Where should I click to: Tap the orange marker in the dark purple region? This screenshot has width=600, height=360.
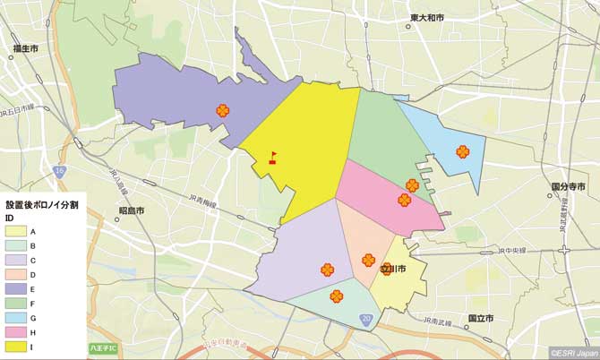(x=222, y=111)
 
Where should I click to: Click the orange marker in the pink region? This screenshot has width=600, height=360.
(x=405, y=200)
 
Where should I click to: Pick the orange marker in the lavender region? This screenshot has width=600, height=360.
(x=328, y=269)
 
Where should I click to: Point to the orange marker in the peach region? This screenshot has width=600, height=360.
(x=368, y=261)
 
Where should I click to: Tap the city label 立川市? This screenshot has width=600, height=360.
(x=395, y=269)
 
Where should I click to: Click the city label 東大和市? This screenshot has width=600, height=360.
(x=427, y=18)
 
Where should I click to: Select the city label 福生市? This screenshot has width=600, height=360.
(x=25, y=50)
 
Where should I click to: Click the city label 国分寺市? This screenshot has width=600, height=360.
(x=568, y=187)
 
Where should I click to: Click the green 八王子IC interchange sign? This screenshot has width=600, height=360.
(x=103, y=347)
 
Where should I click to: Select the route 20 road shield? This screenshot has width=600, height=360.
(x=365, y=319)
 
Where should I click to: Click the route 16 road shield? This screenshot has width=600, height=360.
(x=58, y=169)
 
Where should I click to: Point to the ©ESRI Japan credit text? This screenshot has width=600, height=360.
(x=572, y=353)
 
